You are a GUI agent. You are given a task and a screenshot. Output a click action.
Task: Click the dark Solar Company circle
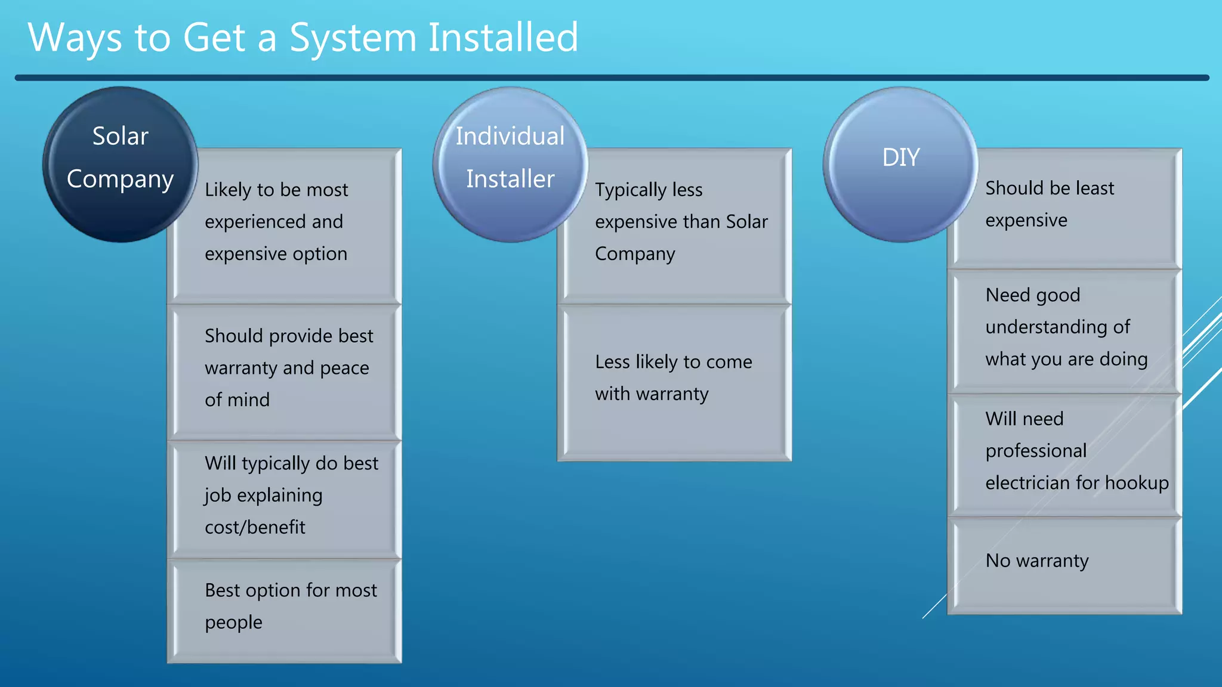(x=120, y=164)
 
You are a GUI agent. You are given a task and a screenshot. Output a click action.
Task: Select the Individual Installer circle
(x=510, y=164)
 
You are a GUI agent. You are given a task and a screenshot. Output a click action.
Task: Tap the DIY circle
(x=900, y=164)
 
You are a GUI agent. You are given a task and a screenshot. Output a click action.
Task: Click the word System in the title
(x=353, y=38)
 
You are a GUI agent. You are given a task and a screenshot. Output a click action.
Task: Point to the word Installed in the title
(x=503, y=38)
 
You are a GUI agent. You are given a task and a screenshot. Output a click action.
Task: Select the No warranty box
(x=1065, y=564)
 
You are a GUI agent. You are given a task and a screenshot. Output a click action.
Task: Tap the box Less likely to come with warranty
(x=674, y=382)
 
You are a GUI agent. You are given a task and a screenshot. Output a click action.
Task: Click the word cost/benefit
(x=255, y=527)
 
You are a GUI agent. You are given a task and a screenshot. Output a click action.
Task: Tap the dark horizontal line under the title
(x=611, y=78)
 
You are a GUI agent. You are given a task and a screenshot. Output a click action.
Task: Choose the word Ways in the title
(x=76, y=38)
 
